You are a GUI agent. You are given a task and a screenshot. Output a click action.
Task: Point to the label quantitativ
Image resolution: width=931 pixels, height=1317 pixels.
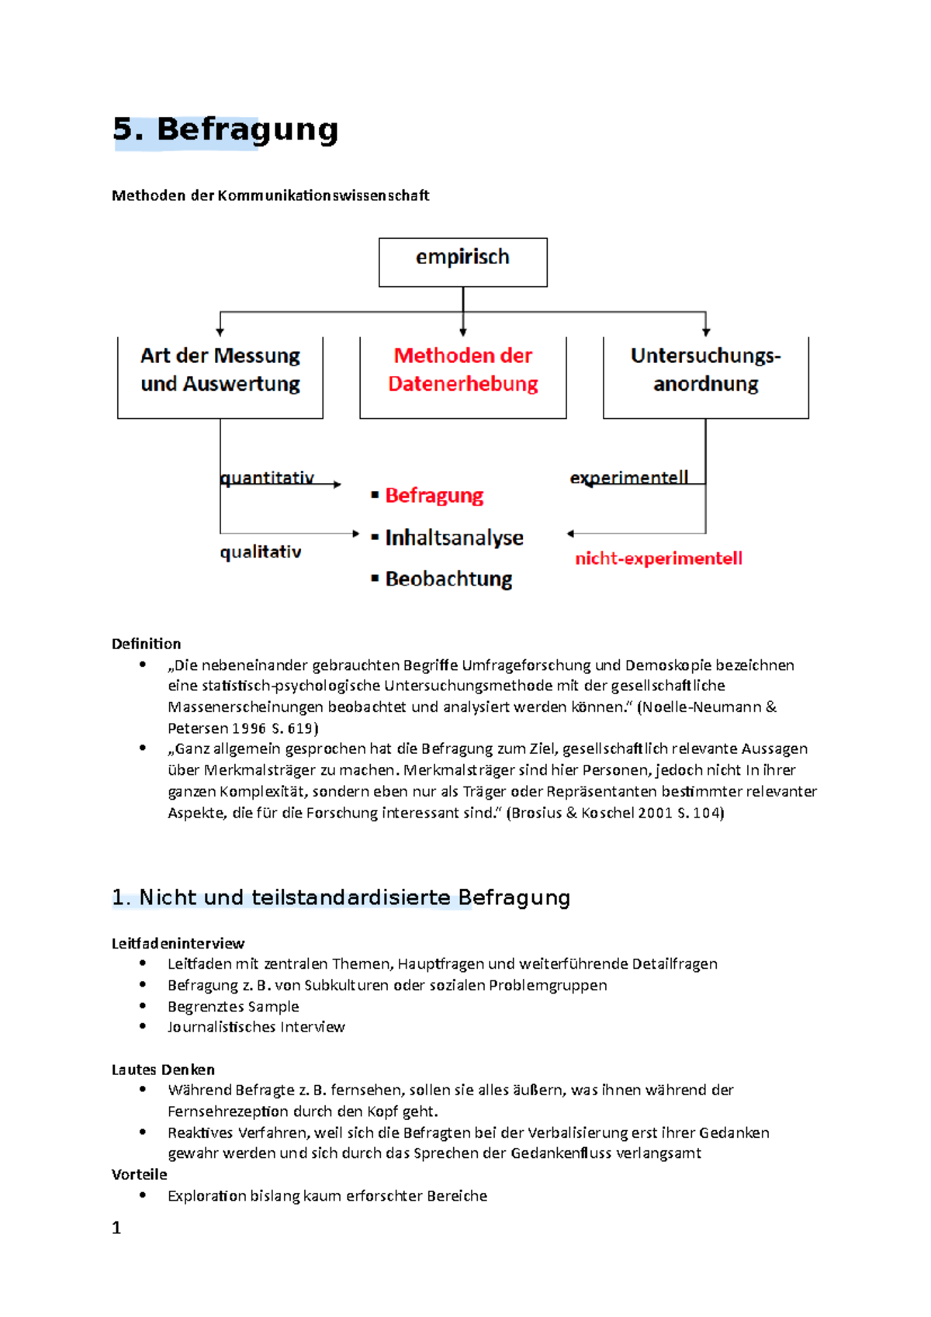tap(267, 478)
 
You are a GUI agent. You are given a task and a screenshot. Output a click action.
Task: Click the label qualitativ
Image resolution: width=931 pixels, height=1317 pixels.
tap(261, 552)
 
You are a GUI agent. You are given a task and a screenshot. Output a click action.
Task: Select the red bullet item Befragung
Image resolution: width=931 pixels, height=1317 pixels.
tap(434, 496)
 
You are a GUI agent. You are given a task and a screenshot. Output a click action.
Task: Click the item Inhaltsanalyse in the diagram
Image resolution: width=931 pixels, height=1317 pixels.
tap(454, 538)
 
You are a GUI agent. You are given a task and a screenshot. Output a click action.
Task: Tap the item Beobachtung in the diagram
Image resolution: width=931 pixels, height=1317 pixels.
tap(448, 579)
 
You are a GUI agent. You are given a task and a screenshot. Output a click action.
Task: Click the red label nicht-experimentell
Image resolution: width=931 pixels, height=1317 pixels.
tap(658, 558)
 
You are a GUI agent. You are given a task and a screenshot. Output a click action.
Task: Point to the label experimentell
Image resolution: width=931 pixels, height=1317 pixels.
tap(629, 478)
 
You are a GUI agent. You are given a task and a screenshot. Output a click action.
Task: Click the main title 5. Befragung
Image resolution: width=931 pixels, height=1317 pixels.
tap(225, 130)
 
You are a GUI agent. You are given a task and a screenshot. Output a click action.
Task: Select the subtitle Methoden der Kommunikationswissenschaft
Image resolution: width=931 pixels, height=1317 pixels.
tap(270, 195)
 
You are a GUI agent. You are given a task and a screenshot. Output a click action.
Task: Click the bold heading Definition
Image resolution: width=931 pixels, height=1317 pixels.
tap(146, 644)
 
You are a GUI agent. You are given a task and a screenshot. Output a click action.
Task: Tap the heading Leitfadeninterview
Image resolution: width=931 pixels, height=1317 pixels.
tap(178, 943)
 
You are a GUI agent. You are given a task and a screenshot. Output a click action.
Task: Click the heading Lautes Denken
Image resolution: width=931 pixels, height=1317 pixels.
tap(163, 1070)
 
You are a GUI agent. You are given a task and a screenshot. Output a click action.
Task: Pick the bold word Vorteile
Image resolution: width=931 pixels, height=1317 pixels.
tap(139, 1174)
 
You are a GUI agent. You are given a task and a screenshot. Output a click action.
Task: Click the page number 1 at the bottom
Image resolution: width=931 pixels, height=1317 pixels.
tap(116, 1228)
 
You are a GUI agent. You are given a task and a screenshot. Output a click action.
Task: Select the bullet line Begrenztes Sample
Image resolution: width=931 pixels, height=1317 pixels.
tap(233, 1007)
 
